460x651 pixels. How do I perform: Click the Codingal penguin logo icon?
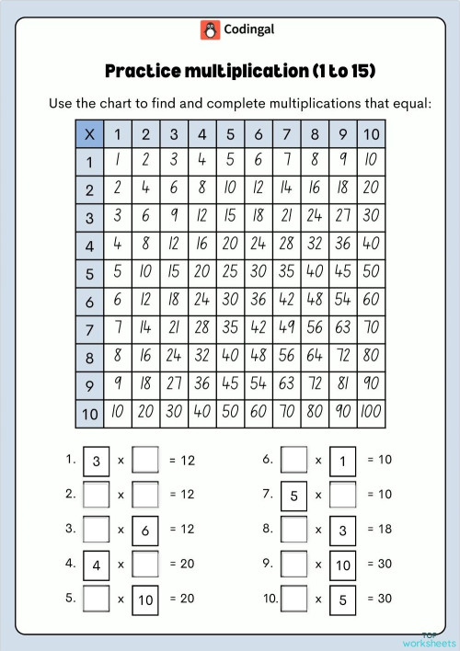(x=210, y=29)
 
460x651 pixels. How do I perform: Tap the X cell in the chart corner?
(x=89, y=134)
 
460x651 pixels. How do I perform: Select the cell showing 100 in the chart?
(x=371, y=414)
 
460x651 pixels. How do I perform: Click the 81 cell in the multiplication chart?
(x=342, y=385)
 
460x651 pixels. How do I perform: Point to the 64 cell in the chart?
(x=314, y=358)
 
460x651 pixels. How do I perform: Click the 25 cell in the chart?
(x=230, y=274)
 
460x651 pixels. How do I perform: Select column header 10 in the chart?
(x=371, y=134)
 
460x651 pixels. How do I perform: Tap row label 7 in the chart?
(x=89, y=330)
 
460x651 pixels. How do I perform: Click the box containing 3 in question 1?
(x=97, y=460)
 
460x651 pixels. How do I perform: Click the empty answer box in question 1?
(x=145, y=459)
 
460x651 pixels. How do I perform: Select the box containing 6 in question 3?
(x=145, y=530)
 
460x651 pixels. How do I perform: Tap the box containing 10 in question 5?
(x=145, y=599)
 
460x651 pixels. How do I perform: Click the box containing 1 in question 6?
(x=342, y=460)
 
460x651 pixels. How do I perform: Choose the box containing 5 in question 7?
(x=293, y=495)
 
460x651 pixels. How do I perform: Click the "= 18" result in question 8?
(x=379, y=530)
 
